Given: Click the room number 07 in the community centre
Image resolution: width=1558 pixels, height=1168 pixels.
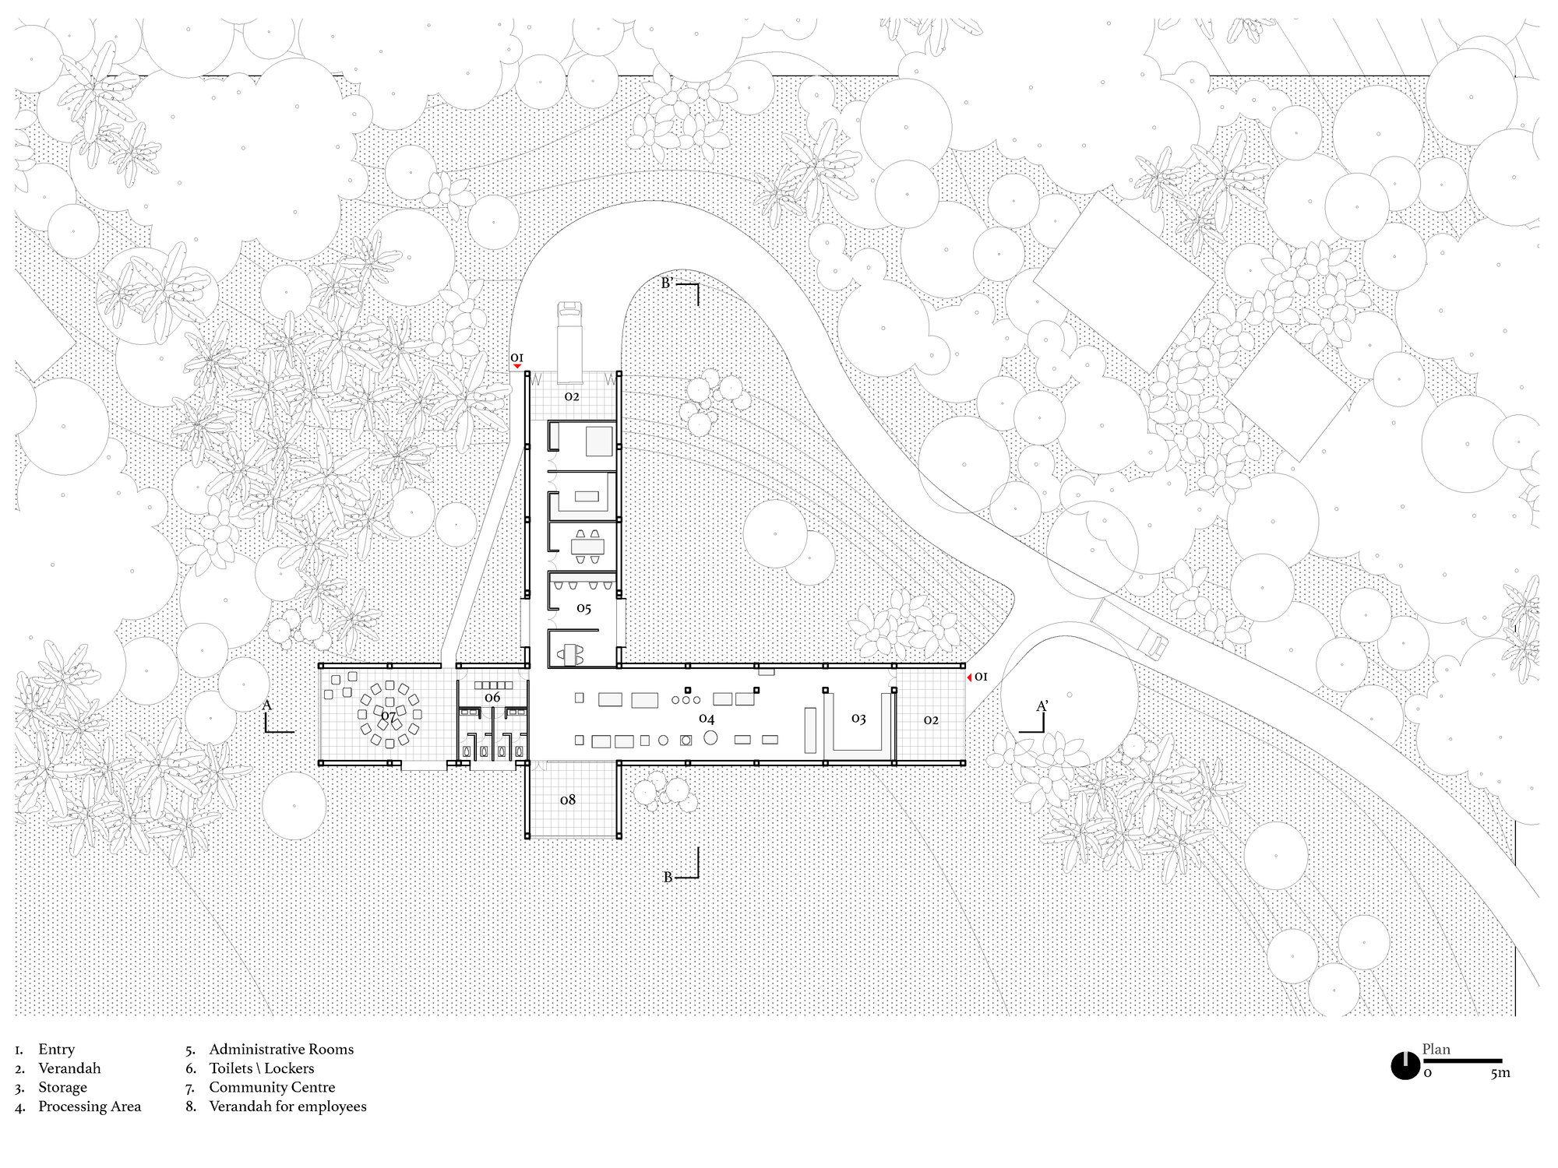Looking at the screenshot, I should click(x=388, y=716).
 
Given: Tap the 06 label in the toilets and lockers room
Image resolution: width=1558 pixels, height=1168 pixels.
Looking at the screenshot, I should click(x=492, y=698).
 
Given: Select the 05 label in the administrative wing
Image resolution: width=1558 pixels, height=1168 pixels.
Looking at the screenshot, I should click(x=584, y=609).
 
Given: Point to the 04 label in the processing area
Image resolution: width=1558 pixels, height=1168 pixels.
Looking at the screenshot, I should click(x=707, y=719).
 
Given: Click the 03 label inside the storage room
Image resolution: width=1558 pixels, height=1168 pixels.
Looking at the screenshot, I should click(x=858, y=719).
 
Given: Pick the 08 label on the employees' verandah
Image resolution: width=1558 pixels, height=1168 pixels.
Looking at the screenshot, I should click(x=568, y=800).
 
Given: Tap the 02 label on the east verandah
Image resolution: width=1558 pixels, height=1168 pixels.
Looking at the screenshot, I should click(x=931, y=720).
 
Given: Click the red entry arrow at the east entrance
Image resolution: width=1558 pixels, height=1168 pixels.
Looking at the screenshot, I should click(x=969, y=677).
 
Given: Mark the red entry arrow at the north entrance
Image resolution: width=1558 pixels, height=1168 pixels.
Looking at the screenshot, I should click(x=516, y=366).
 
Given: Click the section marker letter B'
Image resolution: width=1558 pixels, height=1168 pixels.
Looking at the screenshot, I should click(x=667, y=283).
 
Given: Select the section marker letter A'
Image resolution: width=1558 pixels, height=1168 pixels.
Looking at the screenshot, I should click(x=1042, y=706).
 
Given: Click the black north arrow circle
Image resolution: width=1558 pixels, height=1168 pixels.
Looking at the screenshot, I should click(x=1405, y=1065).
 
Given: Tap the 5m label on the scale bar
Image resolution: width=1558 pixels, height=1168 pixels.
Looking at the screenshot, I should click(x=1500, y=1073).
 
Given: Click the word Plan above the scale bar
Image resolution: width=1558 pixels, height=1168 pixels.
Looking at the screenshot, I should click(x=1436, y=1049).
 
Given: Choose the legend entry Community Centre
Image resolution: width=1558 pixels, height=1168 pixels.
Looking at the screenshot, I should click(x=272, y=1087).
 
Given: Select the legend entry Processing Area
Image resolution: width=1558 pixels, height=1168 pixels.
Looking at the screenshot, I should click(x=90, y=1106).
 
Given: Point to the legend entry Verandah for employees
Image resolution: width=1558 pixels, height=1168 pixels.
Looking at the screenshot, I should click(x=287, y=1106).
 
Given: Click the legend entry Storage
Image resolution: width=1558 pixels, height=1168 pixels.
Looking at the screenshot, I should click(x=62, y=1087).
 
